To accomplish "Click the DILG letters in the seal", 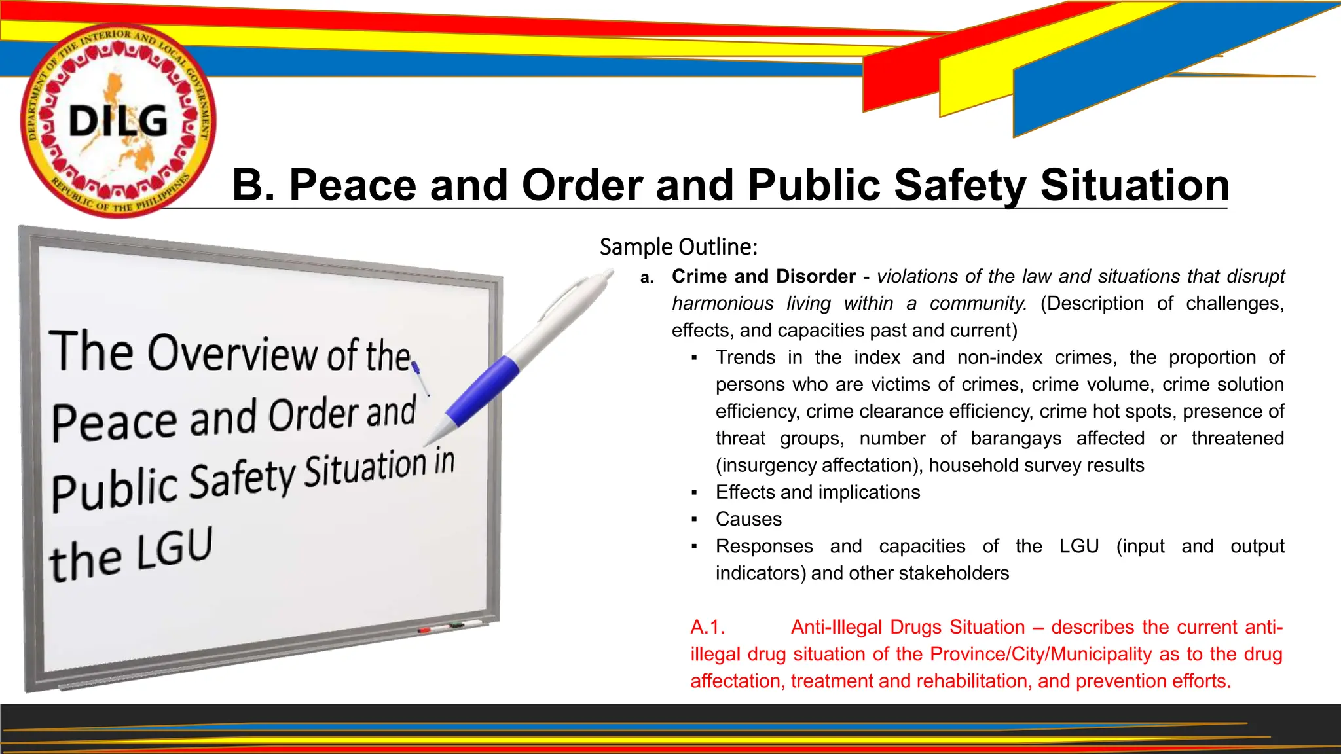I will coord(119,121).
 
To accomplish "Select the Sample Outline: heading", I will coord(678,247).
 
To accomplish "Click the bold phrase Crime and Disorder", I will coord(763,276).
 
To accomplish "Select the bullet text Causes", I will coord(748,519).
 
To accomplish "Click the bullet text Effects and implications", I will coord(818,492).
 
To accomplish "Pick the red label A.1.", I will coord(708,627).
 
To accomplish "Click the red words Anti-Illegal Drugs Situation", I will coord(908,627).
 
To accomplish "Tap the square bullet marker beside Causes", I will coord(694,520).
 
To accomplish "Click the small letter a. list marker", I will coord(647,278).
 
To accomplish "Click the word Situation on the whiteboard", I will coord(365,469).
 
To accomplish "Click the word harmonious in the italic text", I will coord(722,304).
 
